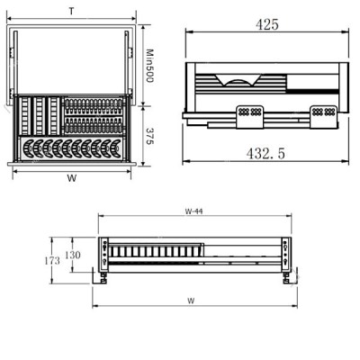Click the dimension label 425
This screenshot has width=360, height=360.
pyautogui.click(x=267, y=24)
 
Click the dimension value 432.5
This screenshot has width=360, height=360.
pyautogui.click(x=265, y=154)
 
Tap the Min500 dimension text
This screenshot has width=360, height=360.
pyautogui.click(x=149, y=66)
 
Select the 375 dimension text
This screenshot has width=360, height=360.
pyautogui.click(x=149, y=136)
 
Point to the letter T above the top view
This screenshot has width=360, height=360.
pyautogui.click(x=71, y=12)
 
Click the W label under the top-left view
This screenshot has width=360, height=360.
pyautogui.click(x=72, y=178)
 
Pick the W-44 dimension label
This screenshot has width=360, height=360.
pyautogui.click(x=193, y=211)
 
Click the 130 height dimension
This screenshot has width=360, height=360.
pyautogui.click(x=73, y=255)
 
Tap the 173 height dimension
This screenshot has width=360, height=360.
pyautogui.click(x=52, y=261)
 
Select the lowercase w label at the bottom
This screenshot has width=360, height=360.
pyautogui.click(x=191, y=301)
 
